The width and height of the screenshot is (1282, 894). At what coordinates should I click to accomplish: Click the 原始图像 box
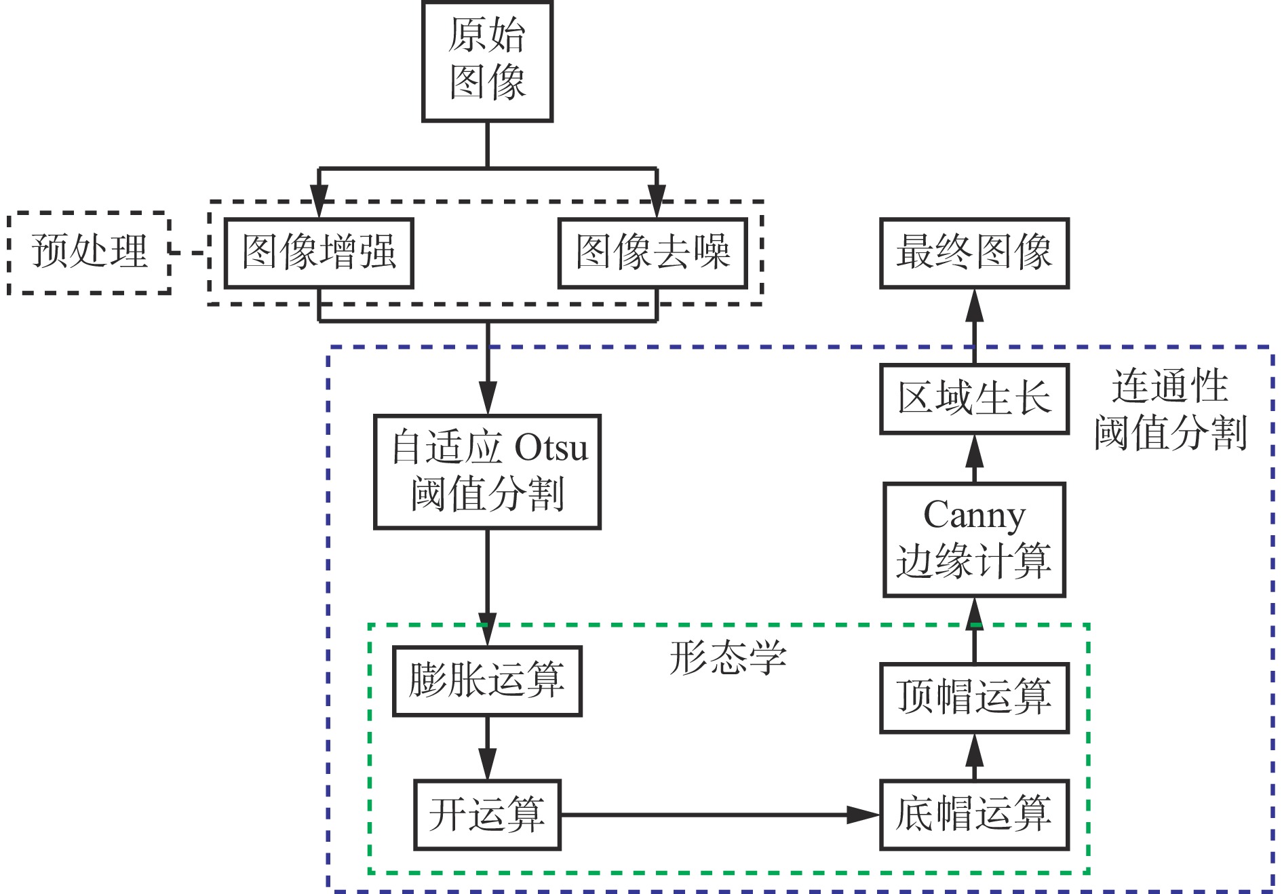[487, 61]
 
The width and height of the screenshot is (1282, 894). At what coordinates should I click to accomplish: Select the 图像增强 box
[319, 253]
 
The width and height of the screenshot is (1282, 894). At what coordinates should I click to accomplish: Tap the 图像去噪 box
[653, 253]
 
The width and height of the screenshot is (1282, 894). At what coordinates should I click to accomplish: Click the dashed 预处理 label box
[89, 252]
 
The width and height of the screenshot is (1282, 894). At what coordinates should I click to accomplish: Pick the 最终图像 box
[974, 253]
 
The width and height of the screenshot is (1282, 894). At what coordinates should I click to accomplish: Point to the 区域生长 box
[974, 399]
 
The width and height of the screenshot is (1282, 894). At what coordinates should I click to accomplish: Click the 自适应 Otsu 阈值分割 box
[487, 471]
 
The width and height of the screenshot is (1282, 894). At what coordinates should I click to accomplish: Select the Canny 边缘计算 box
[974, 539]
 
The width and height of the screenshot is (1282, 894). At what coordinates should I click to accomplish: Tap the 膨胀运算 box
[487, 681]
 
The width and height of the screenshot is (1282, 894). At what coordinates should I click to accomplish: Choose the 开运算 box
[487, 815]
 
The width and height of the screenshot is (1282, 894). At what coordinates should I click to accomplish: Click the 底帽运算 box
[974, 815]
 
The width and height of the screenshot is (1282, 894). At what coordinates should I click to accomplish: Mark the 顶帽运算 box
[974, 698]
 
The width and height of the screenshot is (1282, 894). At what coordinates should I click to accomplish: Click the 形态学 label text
[728, 657]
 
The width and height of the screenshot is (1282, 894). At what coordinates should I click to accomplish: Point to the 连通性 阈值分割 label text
[1170, 410]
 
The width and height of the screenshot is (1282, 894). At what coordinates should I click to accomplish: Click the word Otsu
[551, 448]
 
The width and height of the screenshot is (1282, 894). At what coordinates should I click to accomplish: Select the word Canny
[974, 516]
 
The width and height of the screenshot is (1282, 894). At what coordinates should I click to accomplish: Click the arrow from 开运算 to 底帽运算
[719, 815]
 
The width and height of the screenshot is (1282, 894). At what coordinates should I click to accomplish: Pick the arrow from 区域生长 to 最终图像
[974, 326]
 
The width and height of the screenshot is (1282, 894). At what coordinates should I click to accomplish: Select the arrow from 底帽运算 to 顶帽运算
[974, 756]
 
